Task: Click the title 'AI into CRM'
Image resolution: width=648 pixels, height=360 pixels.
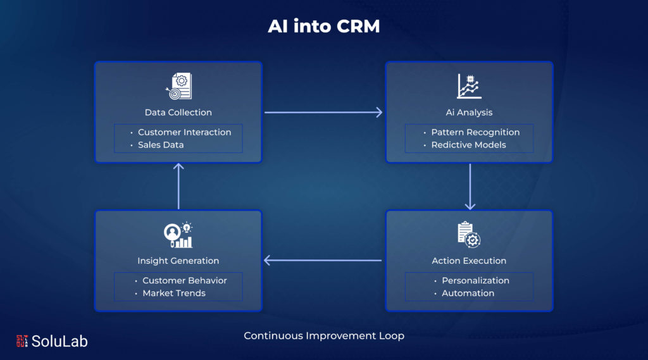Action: (x=323, y=27)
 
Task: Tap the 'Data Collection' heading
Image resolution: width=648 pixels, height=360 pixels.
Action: (x=178, y=113)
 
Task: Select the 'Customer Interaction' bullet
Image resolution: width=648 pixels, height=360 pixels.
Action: (x=184, y=132)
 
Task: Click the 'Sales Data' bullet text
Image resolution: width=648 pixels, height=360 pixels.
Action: (x=161, y=145)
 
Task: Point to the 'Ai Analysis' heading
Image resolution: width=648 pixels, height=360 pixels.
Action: (x=469, y=113)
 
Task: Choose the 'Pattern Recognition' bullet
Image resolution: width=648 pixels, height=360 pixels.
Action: (x=475, y=132)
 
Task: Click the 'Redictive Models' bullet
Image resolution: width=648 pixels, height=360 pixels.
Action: (x=468, y=145)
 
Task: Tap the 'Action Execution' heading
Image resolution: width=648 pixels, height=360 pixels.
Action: (x=469, y=261)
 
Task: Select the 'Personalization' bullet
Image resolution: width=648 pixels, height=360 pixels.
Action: (x=475, y=280)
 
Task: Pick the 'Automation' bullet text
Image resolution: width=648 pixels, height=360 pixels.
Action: (x=468, y=293)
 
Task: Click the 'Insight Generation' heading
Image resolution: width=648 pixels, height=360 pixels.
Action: (x=178, y=261)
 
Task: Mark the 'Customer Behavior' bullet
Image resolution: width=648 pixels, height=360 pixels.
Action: (x=184, y=280)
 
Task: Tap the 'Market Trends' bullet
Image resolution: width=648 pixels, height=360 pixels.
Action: (x=174, y=293)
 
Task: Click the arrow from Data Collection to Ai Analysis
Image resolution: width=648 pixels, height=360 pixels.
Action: (x=323, y=113)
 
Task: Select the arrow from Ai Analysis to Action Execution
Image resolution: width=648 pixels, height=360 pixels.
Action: (x=470, y=187)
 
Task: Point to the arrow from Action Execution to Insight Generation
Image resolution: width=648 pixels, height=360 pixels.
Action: (x=323, y=260)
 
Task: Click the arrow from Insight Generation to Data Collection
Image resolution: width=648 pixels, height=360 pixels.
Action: (x=178, y=187)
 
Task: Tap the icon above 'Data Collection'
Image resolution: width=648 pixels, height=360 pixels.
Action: (x=178, y=87)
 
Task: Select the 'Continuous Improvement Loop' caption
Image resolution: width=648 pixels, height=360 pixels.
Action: (x=324, y=336)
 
